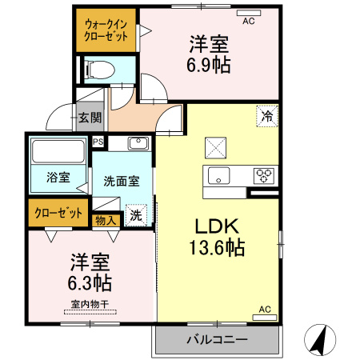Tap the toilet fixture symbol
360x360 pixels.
click(97, 69)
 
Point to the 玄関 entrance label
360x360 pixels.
click(90, 118)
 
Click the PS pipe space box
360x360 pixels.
click(98, 142)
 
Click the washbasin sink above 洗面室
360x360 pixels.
click(138, 144)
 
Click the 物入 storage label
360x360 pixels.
click(106, 218)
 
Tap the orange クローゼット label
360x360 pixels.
click(58, 213)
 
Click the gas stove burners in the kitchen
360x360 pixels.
click(264, 175)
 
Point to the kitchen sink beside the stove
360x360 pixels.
click(218, 175)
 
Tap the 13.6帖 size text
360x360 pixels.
click(214, 248)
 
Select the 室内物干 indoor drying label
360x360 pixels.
click(89, 304)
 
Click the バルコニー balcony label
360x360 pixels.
click(217, 339)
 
